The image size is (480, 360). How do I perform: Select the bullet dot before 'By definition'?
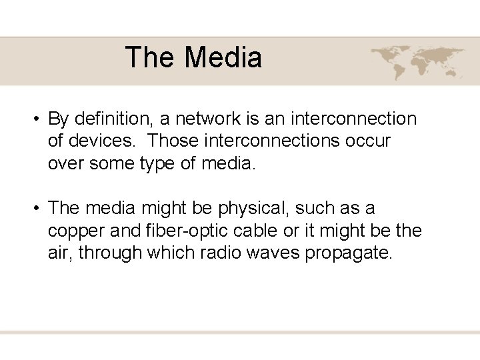[x=34, y=120]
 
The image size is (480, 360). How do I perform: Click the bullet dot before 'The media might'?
[x=34, y=209]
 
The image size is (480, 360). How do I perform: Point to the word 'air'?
[x=59, y=253]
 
